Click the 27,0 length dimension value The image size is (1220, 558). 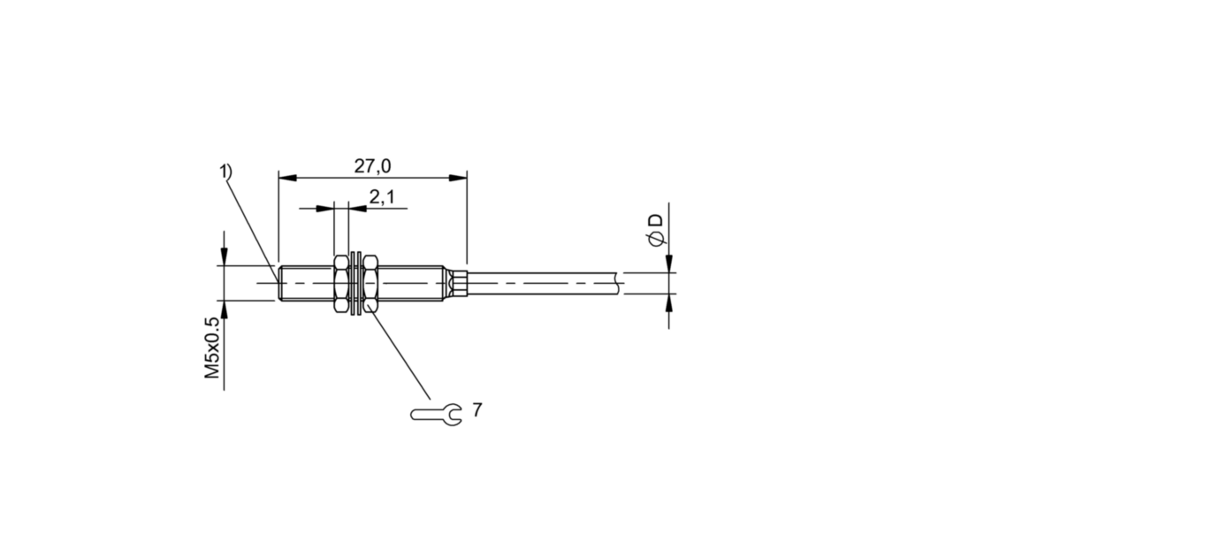tap(372, 165)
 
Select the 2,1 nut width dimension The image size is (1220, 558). tap(382, 196)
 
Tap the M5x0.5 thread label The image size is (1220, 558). tap(211, 348)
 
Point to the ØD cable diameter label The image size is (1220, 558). tap(656, 230)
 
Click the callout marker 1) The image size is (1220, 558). tap(225, 171)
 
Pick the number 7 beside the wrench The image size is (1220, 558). tap(477, 409)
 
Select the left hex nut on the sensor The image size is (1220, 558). tap(340, 283)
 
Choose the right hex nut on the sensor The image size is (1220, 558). tap(370, 283)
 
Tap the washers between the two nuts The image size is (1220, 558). tap(355, 283)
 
